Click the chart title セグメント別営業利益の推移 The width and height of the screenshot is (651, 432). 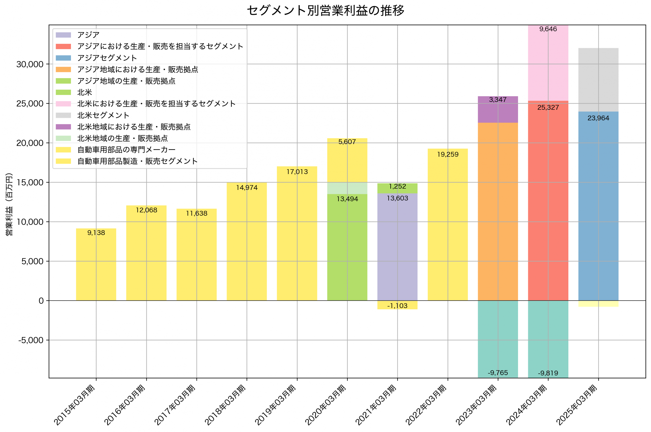325,11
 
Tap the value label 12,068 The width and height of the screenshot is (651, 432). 146,210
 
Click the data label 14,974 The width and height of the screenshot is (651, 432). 247,188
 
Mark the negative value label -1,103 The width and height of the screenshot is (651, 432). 397,305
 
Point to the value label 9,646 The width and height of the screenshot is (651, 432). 548,29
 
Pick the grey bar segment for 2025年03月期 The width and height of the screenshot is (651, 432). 598,80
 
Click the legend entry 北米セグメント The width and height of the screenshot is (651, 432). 103,115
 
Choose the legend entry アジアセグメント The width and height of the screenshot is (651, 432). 107,58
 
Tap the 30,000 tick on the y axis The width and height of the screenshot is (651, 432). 30,64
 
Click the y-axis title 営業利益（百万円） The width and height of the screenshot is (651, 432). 9,204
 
